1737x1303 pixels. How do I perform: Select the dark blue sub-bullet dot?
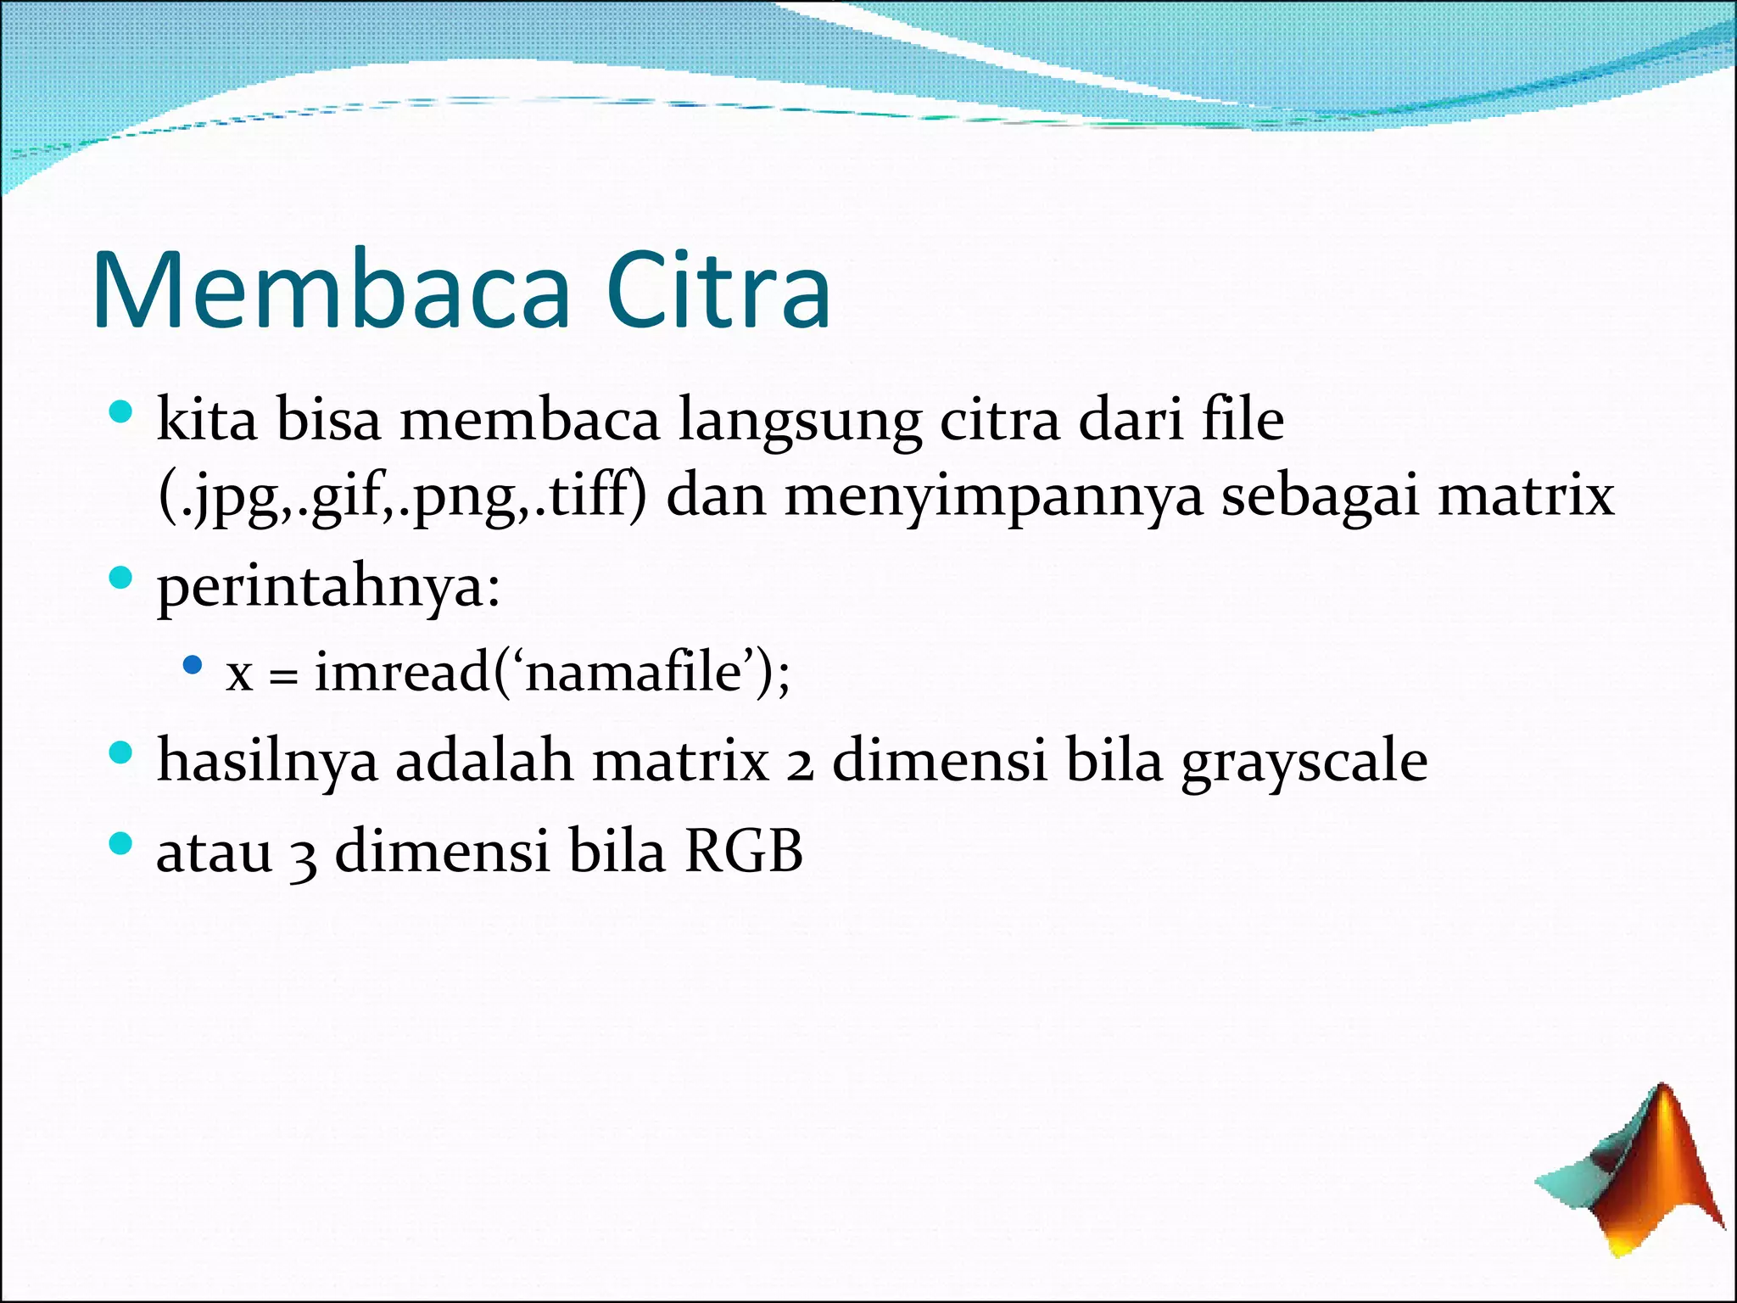click(x=193, y=664)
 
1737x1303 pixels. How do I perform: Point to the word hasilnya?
click(x=267, y=762)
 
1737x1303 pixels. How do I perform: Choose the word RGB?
click(x=744, y=851)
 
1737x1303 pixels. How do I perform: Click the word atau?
click(x=215, y=853)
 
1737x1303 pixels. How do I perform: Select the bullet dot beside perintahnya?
click(x=121, y=579)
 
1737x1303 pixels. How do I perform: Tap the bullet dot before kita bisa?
click(x=121, y=413)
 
